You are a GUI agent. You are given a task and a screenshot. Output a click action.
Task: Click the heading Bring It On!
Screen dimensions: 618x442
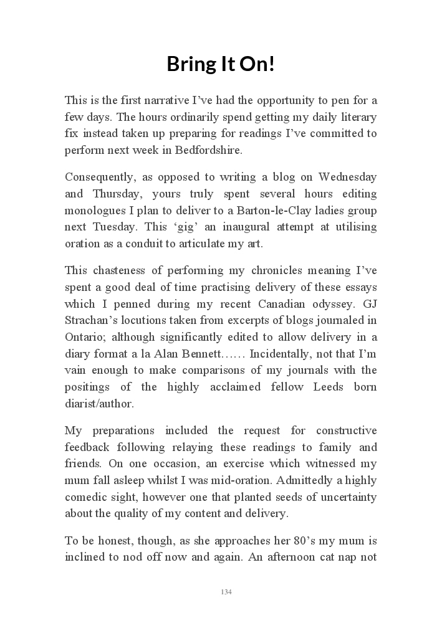[221, 64]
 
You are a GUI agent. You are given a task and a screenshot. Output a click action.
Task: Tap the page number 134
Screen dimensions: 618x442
[226, 592]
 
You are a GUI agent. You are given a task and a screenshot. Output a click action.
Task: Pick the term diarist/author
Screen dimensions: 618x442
[98, 404]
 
